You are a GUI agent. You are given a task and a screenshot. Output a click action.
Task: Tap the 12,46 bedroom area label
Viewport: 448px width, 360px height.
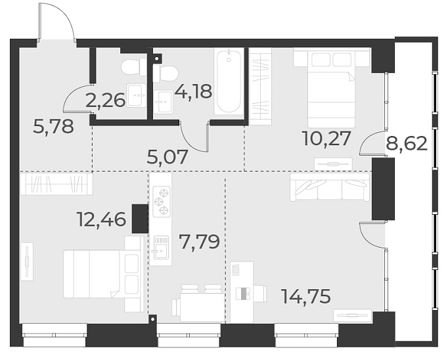point(101,219)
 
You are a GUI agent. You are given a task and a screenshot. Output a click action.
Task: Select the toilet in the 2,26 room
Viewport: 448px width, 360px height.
point(133,66)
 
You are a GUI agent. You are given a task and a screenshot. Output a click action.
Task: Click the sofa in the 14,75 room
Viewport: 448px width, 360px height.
point(330,187)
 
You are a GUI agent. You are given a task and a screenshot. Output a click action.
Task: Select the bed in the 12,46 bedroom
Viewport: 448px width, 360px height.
point(102,273)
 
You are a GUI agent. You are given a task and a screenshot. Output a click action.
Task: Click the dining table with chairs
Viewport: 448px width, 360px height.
point(199,305)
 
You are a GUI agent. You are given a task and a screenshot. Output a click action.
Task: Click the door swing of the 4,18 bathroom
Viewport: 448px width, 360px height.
point(196,137)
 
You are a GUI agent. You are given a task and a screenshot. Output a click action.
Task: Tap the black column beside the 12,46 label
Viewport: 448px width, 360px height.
point(140,219)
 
